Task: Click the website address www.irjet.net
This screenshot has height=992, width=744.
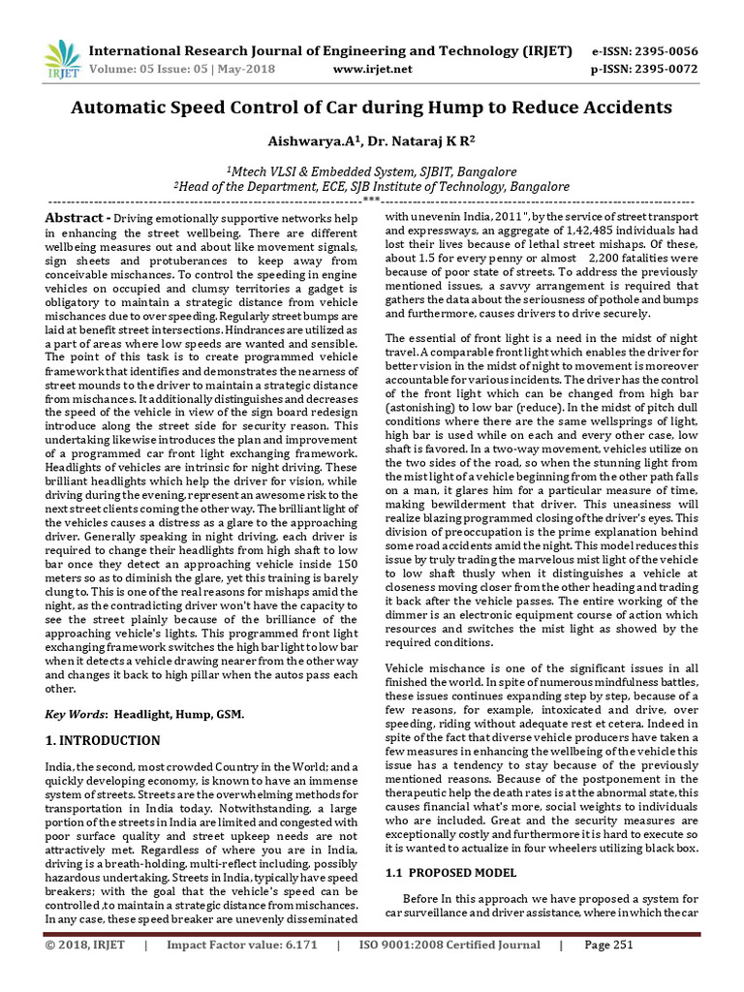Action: (x=372, y=69)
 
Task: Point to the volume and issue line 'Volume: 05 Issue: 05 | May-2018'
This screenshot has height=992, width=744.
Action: (x=182, y=69)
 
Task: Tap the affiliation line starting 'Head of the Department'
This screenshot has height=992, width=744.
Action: (x=372, y=185)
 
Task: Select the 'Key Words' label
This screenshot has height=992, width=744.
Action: (x=77, y=714)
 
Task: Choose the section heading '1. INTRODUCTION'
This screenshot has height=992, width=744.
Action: (x=103, y=741)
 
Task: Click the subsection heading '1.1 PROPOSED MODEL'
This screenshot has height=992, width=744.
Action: (x=451, y=873)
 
